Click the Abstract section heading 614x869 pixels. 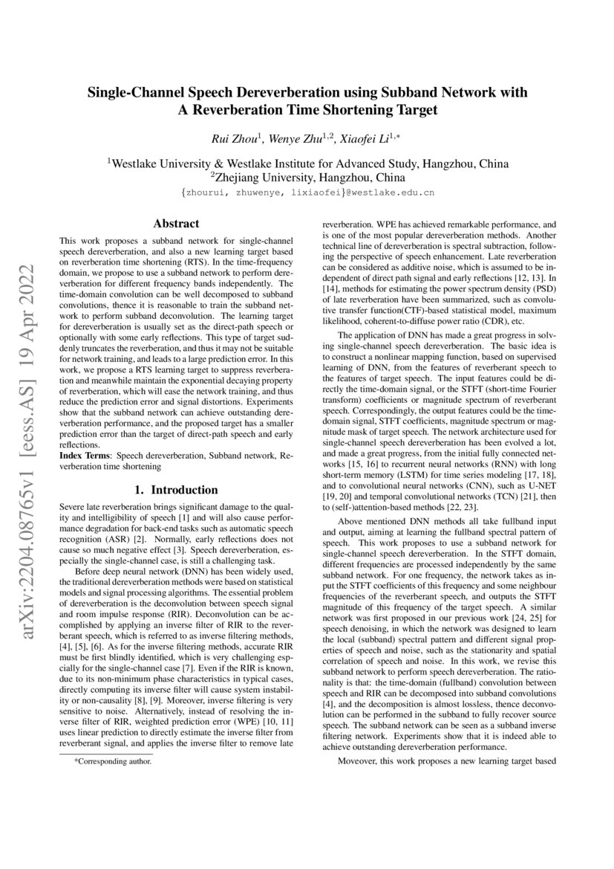click(x=175, y=223)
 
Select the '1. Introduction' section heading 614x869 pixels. click(x=175, y=490)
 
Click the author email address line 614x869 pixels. click(x=307, y=193)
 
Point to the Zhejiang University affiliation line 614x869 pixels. click(x=307, y=178)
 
